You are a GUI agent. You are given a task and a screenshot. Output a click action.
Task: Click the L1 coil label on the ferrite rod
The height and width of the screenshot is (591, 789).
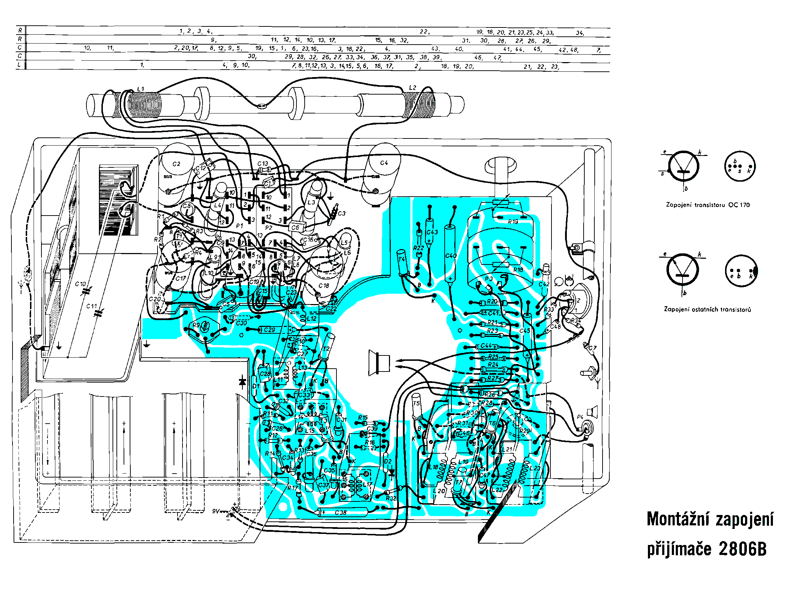(x=140, y=89)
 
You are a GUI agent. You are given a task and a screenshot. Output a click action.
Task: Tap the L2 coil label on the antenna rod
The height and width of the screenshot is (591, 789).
(x=413, y=88)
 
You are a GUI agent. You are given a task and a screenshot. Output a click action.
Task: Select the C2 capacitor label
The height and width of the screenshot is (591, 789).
(x=176, y=164)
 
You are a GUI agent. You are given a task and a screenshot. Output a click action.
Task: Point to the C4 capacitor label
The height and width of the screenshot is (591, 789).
(x=384, y=163)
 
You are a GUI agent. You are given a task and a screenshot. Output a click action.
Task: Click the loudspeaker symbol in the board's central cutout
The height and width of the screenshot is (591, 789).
(x=379, y=363)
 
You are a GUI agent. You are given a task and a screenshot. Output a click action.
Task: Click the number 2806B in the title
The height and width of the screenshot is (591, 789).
(x=743, y=549)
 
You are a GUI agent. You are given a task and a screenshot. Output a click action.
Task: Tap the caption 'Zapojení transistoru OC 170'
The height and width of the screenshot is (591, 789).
(x=708, y=205)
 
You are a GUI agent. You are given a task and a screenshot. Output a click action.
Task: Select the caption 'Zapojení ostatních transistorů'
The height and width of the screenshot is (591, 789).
(x=707, y=309)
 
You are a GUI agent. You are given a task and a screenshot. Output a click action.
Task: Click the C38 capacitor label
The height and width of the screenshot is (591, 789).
(x=340, y=513)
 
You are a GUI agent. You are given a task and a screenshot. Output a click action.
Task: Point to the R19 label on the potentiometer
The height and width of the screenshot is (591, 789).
(x=513, y=222)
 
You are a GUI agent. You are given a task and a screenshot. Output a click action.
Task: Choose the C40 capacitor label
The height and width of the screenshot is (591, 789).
(x=451, y=256)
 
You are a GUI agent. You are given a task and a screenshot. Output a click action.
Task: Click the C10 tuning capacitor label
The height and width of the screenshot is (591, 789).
(x=80, y=284)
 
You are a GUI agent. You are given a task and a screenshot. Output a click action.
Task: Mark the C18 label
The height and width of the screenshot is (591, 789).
(x=324, y=286)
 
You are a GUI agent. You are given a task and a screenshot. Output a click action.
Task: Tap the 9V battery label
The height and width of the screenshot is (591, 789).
(x=216, y=511)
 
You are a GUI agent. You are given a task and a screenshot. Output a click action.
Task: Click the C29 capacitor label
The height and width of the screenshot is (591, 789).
(x=269, y=330)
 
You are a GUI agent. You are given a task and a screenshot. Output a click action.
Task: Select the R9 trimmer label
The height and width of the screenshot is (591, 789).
(x=196, y=325)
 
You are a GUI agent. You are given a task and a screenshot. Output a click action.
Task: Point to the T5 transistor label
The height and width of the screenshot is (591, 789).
(x=416, y=404)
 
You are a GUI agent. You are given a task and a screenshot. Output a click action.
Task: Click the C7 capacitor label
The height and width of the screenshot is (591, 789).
(x=593, y=348)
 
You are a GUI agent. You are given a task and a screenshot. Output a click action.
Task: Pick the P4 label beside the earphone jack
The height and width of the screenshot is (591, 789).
(x=580, y=417)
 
